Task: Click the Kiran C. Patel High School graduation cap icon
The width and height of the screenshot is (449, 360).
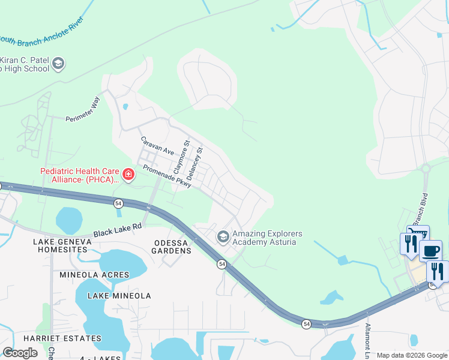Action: [x=58, y=63]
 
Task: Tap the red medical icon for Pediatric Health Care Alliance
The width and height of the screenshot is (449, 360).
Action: [x=128, y=174]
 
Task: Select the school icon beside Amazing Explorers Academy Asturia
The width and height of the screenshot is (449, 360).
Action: [x=223, y=238]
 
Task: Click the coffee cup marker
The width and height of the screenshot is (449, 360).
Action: [x=431, y=250]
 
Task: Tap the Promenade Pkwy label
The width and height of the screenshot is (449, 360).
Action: [x=166, y=176]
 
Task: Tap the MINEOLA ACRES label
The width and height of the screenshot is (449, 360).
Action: [x=94, y=275]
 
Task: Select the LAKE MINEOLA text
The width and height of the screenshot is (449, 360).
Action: [x=119, y=296]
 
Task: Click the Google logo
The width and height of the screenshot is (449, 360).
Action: [x=20, y=353]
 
